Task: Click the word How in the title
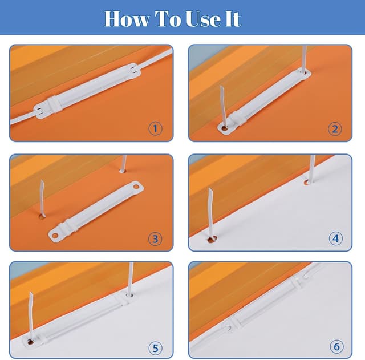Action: click(x=127, y=19)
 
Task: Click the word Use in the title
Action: click(x=203, y=19)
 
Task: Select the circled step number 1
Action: click(x=156, y=128)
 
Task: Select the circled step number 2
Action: click(x=335, y=129)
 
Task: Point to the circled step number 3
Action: click(x=155, y=238)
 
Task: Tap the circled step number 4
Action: click(x=336, y=238)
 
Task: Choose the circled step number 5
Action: click(x=156, y=348)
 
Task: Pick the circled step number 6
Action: click(x=336, y=347)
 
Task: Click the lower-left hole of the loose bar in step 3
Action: click(x=55, y=236)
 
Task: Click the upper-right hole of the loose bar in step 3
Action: click(x=136, y=187)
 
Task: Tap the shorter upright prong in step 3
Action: click(x=123, y=164)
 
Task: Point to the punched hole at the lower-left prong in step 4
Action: click(x=212, y=239)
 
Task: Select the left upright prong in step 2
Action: click(x=223, y=106)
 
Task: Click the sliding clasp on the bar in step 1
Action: click(x=55, y=104)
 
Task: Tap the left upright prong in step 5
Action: click(x=31, y=316)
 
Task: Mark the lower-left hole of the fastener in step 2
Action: click(x=225, y=128)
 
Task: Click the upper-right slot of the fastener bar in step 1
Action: click(x=134, y=70)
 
